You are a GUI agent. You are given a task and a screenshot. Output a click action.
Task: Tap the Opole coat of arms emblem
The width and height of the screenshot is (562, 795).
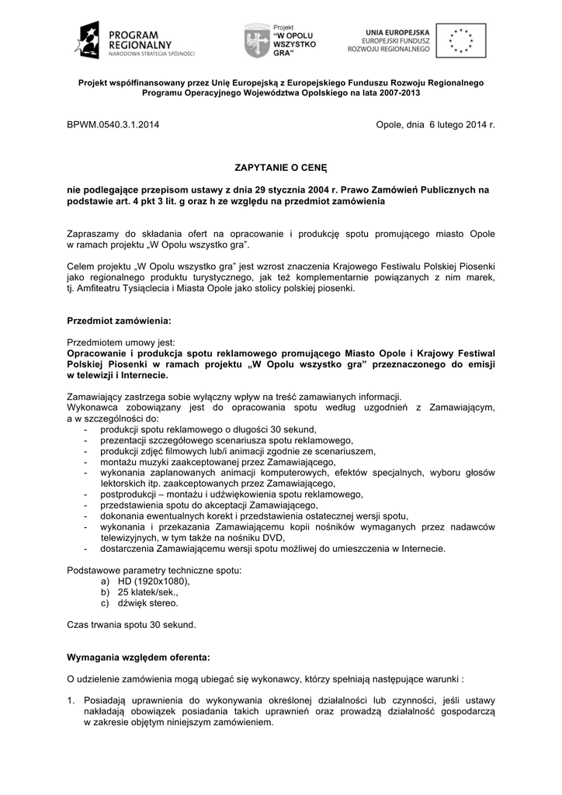click(256, 40)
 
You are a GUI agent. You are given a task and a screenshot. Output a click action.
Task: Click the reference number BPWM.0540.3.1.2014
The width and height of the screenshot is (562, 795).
click(114, 124)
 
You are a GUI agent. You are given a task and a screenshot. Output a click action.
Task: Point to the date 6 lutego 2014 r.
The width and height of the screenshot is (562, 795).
click(461, 124)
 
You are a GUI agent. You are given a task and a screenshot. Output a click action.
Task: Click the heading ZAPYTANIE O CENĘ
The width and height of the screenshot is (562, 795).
click(281, 166)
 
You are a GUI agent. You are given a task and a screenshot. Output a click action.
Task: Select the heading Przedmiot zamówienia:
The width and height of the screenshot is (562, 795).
click(119, 321)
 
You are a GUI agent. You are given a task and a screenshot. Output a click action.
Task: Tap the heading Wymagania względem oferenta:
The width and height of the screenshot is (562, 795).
click(138, 656)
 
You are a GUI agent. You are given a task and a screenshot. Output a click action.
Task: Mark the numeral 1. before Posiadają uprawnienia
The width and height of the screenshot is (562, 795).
click(72, 700)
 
